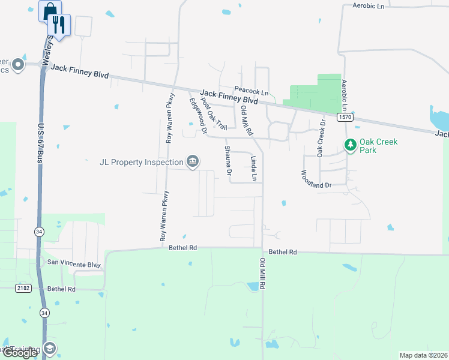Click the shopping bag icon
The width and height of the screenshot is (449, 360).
click(50, 10)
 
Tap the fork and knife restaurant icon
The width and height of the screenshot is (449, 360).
click(59, 24)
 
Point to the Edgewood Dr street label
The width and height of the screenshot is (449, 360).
click(197, 116)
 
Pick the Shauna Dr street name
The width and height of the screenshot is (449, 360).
click(228, 160)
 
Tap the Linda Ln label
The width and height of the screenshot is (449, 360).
click(254, 169)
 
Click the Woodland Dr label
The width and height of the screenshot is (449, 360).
click(316, 178)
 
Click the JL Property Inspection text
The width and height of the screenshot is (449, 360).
click(142, 163)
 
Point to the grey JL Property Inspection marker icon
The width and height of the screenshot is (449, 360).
click(193, 162)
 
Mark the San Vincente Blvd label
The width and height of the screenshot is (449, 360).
click(70, 263)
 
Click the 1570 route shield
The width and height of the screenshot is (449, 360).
click(345, 118)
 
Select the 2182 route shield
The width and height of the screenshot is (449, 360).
click(23, 289)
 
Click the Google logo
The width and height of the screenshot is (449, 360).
click(20, 353)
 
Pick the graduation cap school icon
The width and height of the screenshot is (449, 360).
click(49, 349)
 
